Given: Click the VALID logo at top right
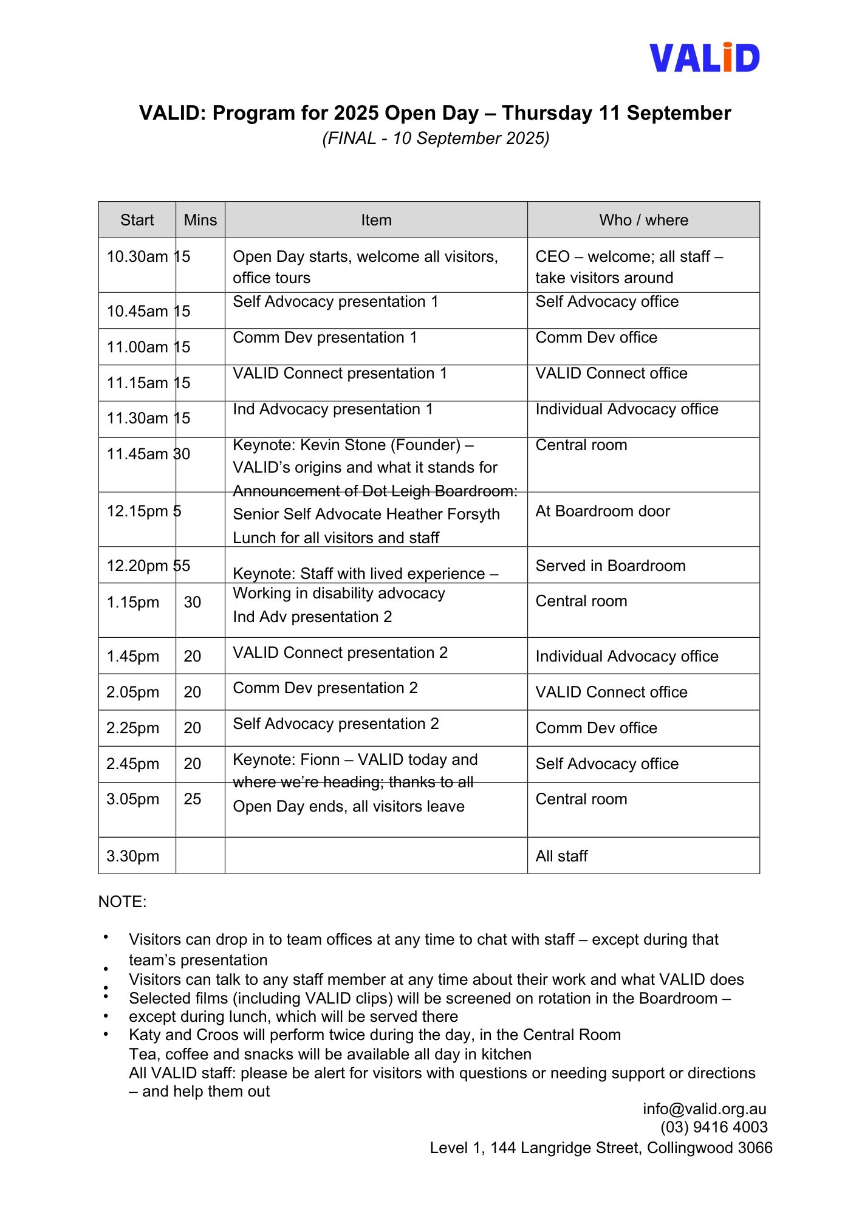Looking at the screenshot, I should pyautogui.click(x=704, y=58).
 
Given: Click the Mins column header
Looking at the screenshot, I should pyautogui.click(x=200, y=220).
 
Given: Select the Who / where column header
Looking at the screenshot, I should pyautogui.click(x=643, y=220).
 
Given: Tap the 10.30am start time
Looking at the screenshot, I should pyautogui.click(x=137, y=256).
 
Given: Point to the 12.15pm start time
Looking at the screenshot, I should pyautogui.click(x=137, y=511).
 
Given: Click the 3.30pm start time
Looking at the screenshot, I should pyautogui.click(x=132, y=856).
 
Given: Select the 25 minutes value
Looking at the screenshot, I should pyautogui.click(x=192, y=799).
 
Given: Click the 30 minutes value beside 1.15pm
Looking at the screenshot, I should pyautogui.click(x=192, y=602).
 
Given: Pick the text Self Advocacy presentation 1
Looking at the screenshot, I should pyautogui.click(x=335, y=302).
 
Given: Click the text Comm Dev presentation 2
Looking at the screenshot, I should pyautogui.click(x=325, y=688).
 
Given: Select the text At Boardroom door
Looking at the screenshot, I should pyautogui.click(x=602, y=511).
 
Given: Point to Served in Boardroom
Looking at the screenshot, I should pyautogui.click(x=610, y=566).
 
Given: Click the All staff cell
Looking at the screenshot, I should pyautogui.click(x=561, y=856).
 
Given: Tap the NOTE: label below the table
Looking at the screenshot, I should pyautogui.click(x=122, y=902).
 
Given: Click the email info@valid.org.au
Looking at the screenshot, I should pyautogui.click(x=704, y=1109).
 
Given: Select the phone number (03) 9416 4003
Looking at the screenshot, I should pyautogui.click(x=714, y=1127).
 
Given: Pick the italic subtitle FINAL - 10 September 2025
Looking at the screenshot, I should pyautogui.click(x=436, y=139).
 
